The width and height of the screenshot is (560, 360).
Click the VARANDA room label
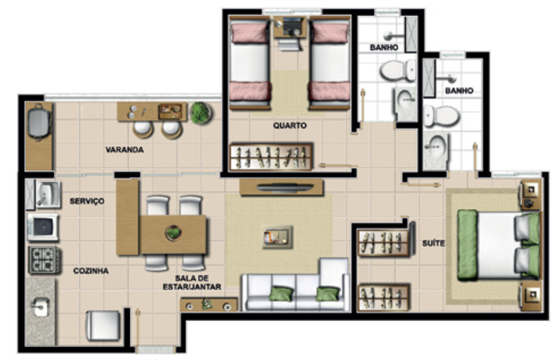125,150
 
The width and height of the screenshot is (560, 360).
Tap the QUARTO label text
290,125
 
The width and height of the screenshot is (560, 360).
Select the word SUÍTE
433,243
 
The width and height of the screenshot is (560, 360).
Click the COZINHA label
91,271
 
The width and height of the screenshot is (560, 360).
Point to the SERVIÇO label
87,201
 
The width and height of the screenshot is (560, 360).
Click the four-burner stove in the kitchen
44,260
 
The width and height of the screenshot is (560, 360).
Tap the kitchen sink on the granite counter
40,307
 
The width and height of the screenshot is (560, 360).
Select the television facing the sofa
285,187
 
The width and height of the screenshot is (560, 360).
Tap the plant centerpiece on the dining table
173,233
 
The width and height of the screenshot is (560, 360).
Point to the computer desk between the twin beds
290,27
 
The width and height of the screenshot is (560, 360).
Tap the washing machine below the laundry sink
43,227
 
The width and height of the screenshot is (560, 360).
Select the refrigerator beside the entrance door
103,326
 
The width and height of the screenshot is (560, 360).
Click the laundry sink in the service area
48,194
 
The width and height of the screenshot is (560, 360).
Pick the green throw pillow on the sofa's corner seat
328,294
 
